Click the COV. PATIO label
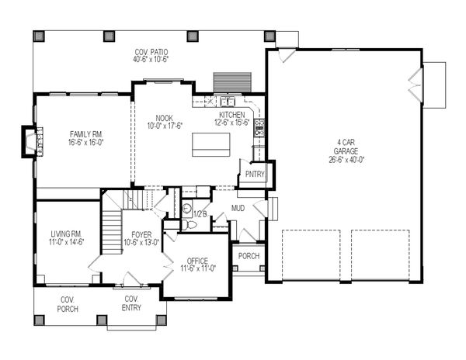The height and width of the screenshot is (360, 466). [x=151, y=52]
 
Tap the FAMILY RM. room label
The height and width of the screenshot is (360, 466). [x=86, y=134]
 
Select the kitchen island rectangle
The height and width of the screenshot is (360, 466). [x=211, y=144]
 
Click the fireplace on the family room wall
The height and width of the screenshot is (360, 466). [x=32, y=141]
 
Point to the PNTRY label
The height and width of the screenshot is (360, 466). [x=255, y=175]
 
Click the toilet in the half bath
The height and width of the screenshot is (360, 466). [x=189, y=225]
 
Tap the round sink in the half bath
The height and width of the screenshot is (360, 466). [x=186, y=209]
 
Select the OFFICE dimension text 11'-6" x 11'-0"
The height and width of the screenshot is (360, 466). [x=198, y=268]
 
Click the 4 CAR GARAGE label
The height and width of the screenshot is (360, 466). [x=346, y=147]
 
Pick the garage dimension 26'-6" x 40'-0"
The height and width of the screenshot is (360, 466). [x=346, y=160]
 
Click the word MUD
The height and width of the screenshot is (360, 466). [x=238, y=208]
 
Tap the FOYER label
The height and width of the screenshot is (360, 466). [x=141, y=234]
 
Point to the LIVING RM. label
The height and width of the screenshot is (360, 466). [x=66, y=234]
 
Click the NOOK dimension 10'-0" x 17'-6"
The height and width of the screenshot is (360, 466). [x=165, y=126]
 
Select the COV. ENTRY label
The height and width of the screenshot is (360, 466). [x=131, y=303]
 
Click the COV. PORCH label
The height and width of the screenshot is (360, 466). [x=68, y=304]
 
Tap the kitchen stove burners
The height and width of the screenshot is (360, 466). [x=259, y=127]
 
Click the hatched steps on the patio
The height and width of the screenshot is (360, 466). [x=233, y=82]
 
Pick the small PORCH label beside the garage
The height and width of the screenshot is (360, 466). [x=249, y=256]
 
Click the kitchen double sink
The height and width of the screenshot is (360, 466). [x=228, y=102]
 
